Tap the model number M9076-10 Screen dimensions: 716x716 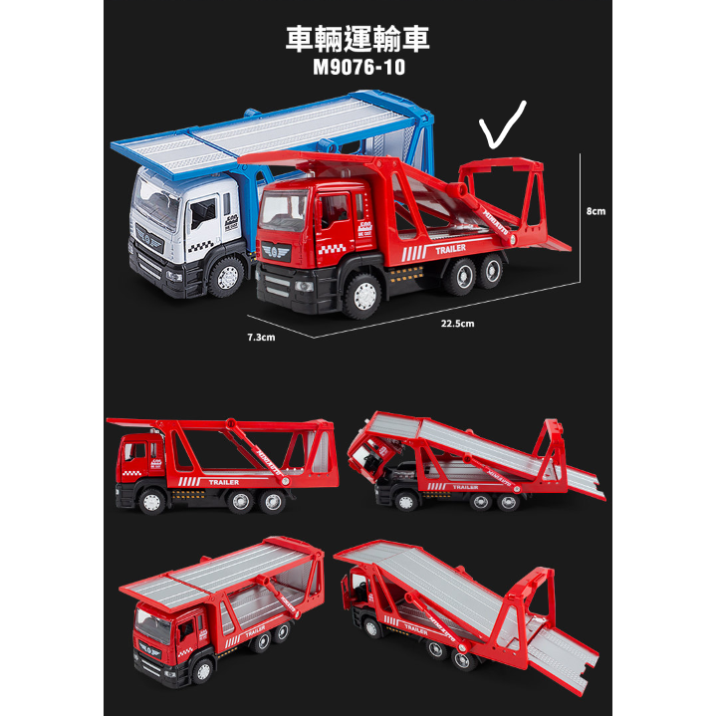coord(358,71)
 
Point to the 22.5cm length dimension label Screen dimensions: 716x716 coord(458,323)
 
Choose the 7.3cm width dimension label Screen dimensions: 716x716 coord(260,337)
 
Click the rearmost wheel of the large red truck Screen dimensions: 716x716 coord(490,271)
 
